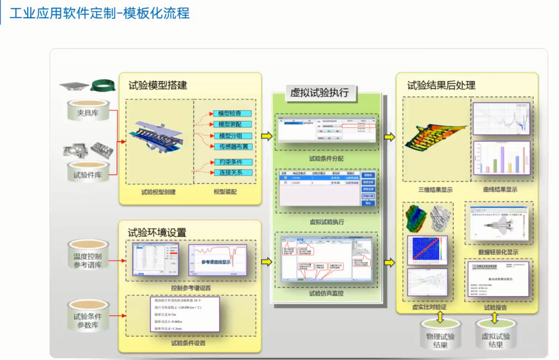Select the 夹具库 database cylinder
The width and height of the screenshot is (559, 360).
pos(87,111)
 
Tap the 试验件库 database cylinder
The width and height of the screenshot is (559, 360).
pos(87,173)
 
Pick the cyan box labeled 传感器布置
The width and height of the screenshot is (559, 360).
pos(234,147)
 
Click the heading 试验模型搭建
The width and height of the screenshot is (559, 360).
pos(158,85)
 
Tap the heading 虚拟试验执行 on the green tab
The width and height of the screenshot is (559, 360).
pos(320,93)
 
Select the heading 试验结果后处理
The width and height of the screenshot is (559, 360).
pos(441,85)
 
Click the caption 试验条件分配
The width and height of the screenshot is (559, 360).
pos(325,158)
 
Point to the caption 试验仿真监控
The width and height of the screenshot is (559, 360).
pos(326,293)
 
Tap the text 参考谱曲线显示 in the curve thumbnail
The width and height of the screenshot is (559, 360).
pos(216,262)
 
